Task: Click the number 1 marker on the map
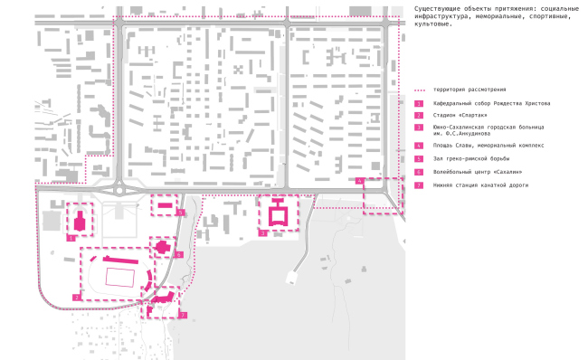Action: [70, 238]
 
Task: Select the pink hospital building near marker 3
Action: [277, 215]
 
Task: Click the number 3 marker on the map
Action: [262, 233]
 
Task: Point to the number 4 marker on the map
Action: [361, 182]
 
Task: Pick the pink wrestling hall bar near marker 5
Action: [165, 206]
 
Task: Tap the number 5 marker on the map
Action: [181, 213]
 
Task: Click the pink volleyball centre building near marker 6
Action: [163, 247]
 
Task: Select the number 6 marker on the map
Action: [179, 255]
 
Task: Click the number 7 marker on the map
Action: [183, 315]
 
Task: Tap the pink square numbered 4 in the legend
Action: [419, 145]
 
